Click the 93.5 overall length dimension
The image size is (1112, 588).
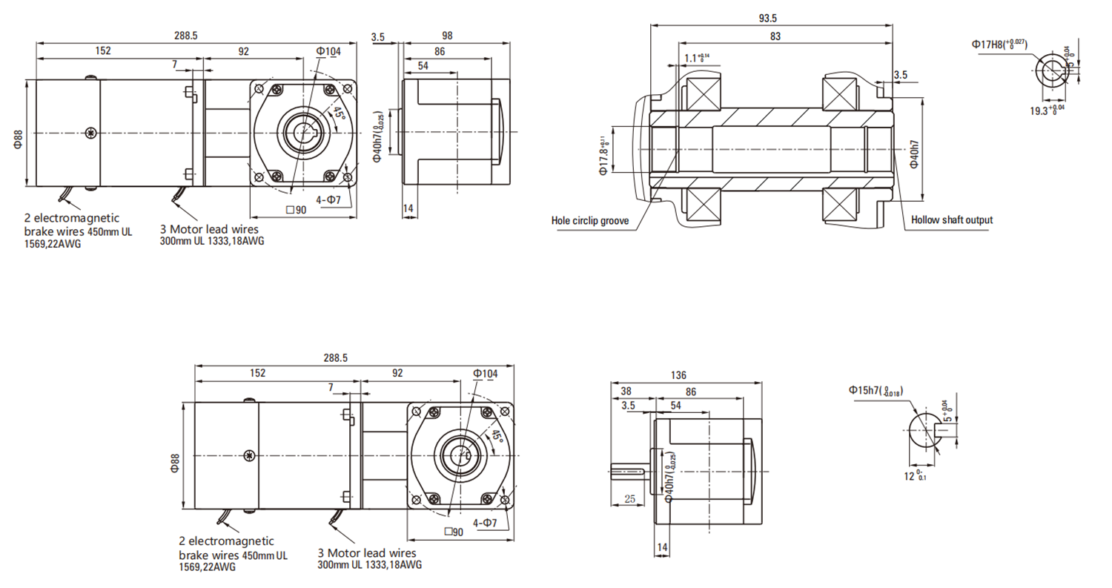772,19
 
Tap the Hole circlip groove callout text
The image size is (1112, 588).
590,220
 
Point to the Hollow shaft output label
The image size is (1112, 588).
951,219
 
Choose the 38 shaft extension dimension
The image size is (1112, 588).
626,391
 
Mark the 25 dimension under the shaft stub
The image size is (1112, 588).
630,499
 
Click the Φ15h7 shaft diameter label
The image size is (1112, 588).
876,391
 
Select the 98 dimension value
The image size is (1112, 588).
446,36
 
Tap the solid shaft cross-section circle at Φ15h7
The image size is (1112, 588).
924,429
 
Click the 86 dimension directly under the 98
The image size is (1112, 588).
440,52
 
